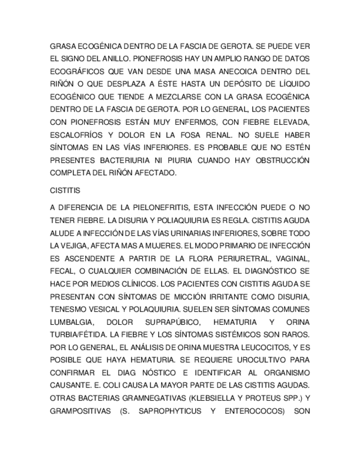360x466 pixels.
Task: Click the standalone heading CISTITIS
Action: point(65,191)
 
